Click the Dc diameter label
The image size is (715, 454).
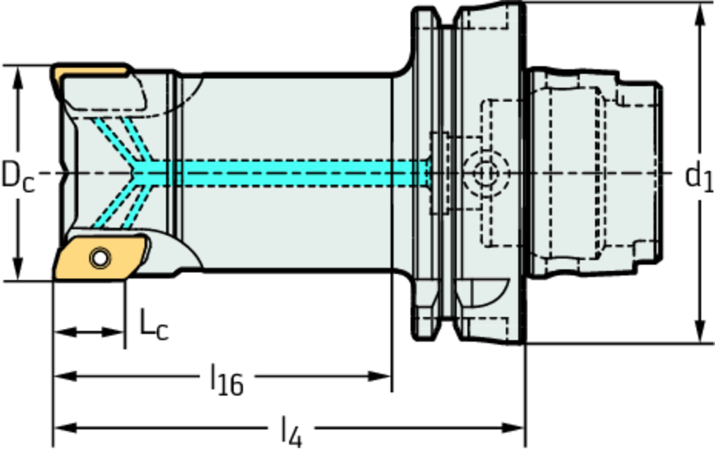pos(17,175)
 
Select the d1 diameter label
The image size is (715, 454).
pos(698,176)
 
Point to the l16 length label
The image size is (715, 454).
pos(227,381)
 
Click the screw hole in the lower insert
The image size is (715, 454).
pos(100,258)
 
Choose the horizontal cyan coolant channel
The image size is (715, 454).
pos(293,173)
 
